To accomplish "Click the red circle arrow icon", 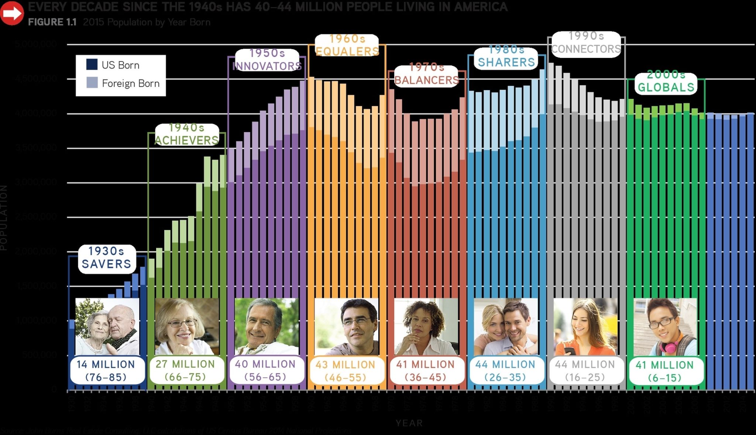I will [x=12, y=13].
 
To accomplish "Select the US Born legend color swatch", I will [x=92, y=65].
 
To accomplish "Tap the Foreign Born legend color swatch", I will [x=92, y=83].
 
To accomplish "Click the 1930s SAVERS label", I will [x=107, y=258].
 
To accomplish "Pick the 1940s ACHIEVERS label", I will [x=186, y=134].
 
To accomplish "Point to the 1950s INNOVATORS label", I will [x=267, y=59].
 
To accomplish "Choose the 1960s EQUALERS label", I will [x=347, y=45].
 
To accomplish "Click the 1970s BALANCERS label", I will [x=427, y=74].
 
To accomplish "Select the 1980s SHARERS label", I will [x=506, y=56].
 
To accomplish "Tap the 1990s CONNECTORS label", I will [x=586, y=42].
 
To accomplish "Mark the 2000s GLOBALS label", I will [x=666, y=81].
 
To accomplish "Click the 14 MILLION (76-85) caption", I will [x=106, y=370].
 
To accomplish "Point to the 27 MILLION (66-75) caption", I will [x=186, y=370].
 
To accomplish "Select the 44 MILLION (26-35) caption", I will [x=506, y=371].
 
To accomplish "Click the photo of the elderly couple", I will [x=107, y=326].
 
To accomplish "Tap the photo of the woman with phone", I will [x=585, y=326].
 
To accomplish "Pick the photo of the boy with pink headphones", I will [x=665, y=326].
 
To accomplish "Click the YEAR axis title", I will [x=409, y=423].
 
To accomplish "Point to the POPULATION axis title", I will [x=4, y=218].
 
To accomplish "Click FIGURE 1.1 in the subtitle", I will [x=52, y=22].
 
